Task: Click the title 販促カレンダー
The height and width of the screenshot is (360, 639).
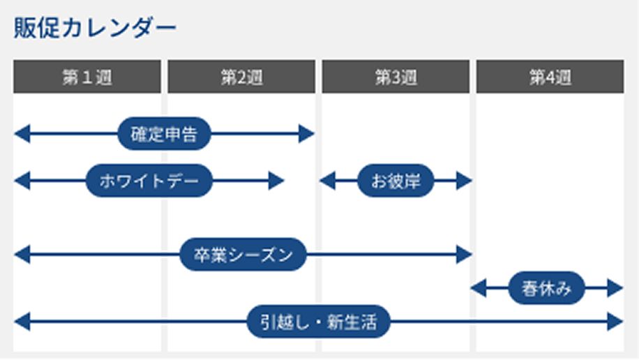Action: click(x=95, y=29)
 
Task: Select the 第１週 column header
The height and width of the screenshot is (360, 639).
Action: click(x=87, y=77)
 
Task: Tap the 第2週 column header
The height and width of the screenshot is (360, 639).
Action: click(x=241, y=77)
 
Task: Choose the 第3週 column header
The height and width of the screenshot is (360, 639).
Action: click(x=396, y=77)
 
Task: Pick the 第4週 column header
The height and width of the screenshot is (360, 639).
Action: click(x=550, y=77)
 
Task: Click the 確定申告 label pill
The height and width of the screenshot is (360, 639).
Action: click(x=164, y=134)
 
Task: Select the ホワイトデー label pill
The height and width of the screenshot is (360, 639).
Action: click(x=148, y=181)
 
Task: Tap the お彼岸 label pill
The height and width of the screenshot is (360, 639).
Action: click(x=396, y=181)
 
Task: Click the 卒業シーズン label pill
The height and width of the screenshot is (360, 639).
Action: click(x=243, y=255)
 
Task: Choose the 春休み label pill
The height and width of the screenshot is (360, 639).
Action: click(x=546, y=287)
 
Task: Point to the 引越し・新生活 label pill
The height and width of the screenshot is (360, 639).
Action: click(x=319, y=322)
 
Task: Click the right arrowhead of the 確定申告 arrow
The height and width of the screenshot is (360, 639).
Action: click(x=307, y=134)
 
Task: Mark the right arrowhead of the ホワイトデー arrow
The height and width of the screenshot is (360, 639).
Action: click(x=276, y=181)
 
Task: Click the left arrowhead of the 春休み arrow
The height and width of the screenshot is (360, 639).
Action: click(x=479, y=287)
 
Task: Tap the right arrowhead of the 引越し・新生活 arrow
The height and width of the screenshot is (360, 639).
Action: click(x=615, y=322)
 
